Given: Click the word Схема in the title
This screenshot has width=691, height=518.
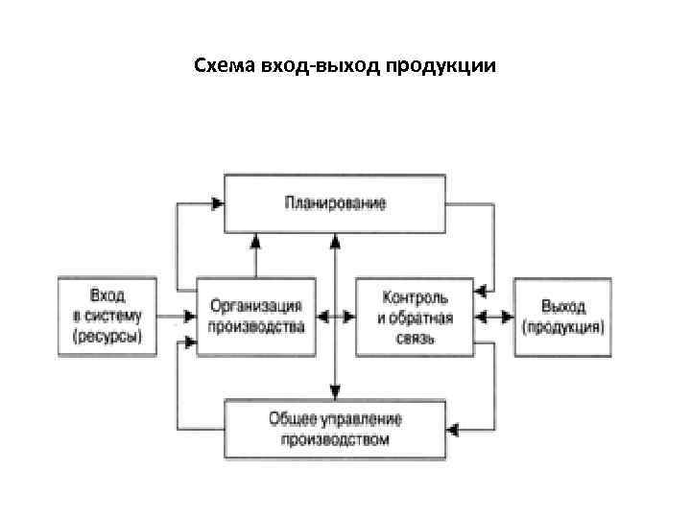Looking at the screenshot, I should tap(219, 66).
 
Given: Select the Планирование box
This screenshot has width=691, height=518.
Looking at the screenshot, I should tap(335, 203).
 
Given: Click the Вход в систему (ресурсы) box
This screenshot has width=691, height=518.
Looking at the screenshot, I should tap(107, 316).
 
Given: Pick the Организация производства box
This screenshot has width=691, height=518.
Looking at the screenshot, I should tap(256, 316).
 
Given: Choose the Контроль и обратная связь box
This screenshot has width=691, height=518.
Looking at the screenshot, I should tap(414, 316).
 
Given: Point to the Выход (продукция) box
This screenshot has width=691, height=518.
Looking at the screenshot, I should tap(561, 316).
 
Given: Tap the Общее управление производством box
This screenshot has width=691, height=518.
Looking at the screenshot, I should tap(335, 429).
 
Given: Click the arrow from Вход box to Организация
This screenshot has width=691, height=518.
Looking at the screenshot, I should tap(178, 315).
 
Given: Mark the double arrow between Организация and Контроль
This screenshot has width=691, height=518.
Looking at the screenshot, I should tap(336, 315).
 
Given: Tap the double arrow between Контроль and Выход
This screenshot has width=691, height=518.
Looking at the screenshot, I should tap(494, 315).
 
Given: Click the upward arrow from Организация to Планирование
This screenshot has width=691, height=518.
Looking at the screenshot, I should tap(255, 254).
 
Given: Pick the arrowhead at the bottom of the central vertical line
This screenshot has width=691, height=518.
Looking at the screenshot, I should tap(334, 391).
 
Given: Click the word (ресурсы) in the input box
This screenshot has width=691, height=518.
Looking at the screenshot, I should tap(107, 336).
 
